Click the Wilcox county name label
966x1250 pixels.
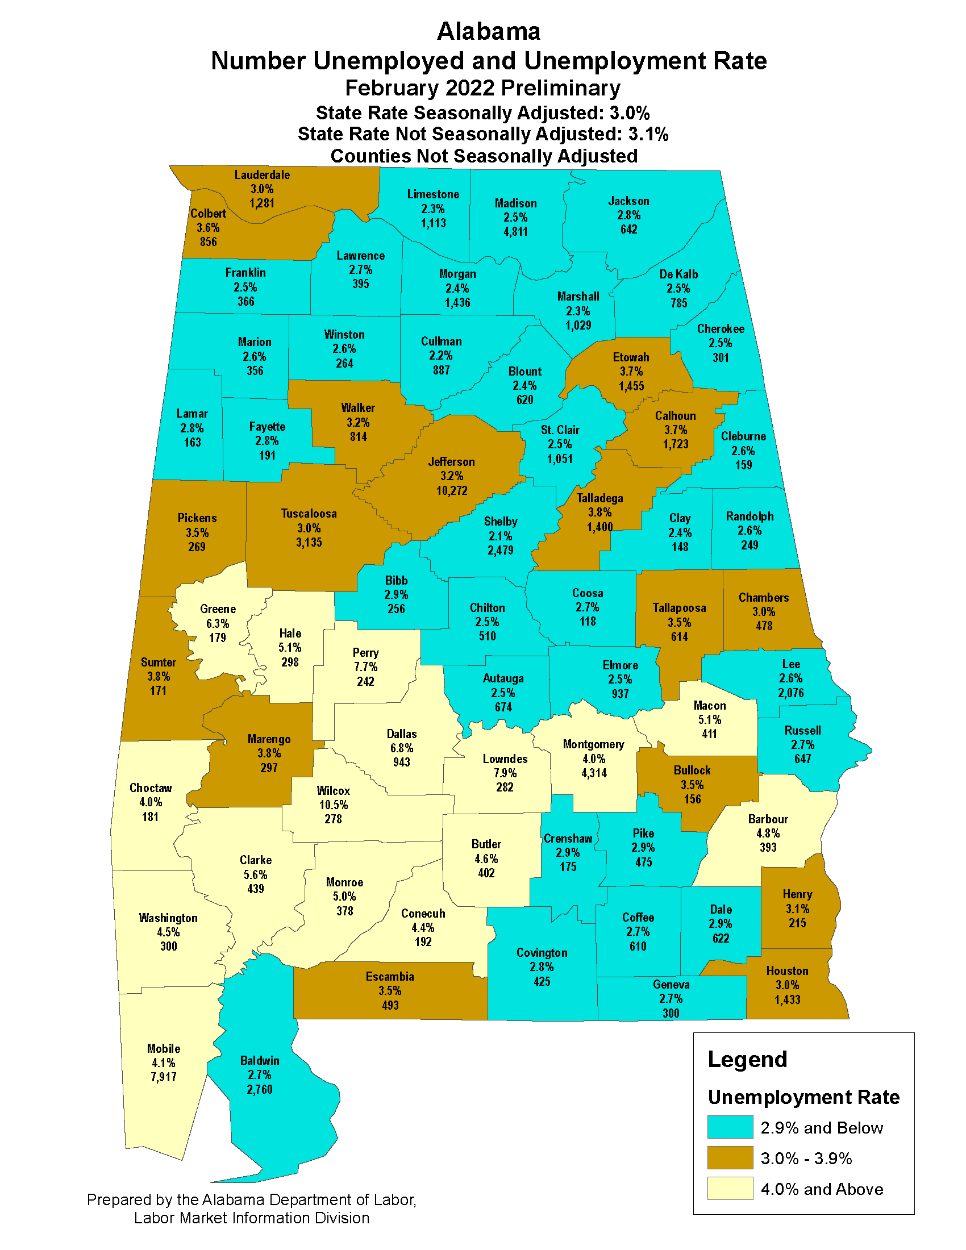click(333, 790)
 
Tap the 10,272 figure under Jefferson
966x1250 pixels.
click(452, 490)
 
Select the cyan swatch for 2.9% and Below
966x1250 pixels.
click(730, 1127)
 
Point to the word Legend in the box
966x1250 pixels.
click(747, 1060)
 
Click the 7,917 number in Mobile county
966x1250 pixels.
click(164, 1077)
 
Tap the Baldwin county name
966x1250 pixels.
click(260, 1061)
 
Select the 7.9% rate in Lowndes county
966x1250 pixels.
click(505, 773)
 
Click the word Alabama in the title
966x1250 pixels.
click(488, 31)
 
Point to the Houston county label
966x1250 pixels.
click(787, 970)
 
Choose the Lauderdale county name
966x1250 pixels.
click(262, 175)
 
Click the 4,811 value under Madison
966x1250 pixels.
click(515, 232)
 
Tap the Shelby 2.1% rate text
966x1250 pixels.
click(500, 536)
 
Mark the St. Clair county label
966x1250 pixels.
click(560, 430)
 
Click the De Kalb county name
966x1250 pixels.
click(678, 274)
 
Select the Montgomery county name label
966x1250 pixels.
click(593, 744)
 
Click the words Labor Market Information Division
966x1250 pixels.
click(252, 1218)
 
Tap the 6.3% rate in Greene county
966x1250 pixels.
click(218, 623)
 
